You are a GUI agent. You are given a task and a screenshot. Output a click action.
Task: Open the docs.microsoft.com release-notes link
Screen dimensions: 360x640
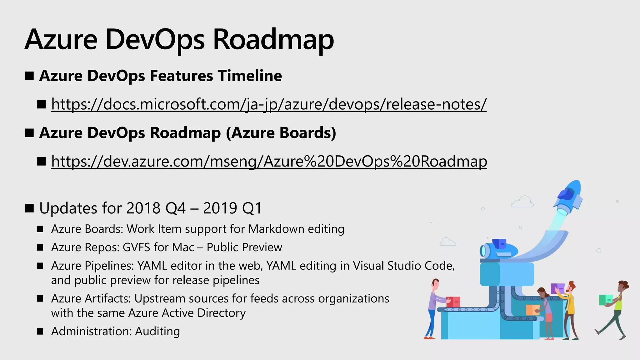(269, 104)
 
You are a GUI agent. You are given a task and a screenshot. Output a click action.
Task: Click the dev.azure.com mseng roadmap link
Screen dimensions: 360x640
(269, 161)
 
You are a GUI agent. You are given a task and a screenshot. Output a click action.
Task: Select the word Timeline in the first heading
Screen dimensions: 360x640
(250, 76)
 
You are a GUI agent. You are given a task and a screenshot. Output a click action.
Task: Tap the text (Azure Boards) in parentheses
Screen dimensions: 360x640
(281, 133)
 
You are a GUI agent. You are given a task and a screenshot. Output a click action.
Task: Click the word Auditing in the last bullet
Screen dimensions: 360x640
(157, 331)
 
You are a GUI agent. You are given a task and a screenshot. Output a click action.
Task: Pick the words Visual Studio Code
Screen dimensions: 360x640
(403, 266)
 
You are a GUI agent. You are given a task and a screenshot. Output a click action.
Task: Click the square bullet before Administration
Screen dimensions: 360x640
(40, 331)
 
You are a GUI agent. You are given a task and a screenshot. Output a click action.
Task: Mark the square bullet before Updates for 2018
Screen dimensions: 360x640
(29, 208)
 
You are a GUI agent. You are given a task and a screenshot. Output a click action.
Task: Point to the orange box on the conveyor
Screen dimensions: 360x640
(532, 310)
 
